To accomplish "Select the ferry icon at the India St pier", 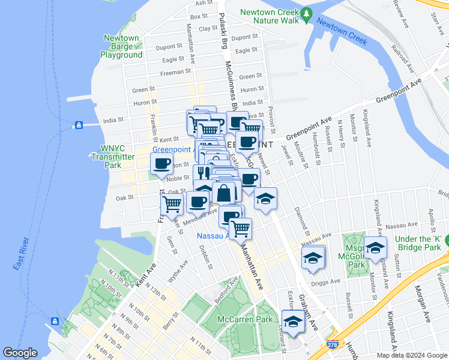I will click(x=78, y=125).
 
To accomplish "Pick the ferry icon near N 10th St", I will click(x=55, y=320).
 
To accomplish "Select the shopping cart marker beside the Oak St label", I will click(x=173, y=204).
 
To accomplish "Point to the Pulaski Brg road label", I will click(x=222, y=32).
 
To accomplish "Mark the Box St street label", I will click(x=198, y=17).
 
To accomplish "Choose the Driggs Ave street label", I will click(x=326, y=281).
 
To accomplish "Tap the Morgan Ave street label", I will click(x=427, y=308).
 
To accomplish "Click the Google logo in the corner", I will click(x=20, y=353).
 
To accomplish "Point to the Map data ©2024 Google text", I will click(x=412, y=355).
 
